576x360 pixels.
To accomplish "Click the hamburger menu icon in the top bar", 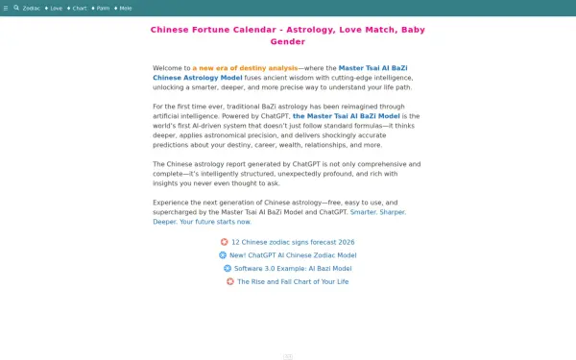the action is (6, 8).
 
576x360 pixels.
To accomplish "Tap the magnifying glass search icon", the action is (16, 8).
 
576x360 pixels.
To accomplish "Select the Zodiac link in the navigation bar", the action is (32, 8).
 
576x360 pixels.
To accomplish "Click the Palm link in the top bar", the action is (102, 8).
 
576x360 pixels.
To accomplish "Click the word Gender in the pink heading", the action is (288, 42).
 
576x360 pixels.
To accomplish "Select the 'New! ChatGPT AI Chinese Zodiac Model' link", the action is (293, 255).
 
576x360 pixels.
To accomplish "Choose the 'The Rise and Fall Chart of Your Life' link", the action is (293, 281).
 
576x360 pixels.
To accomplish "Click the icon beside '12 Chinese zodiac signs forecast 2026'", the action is (224, 242).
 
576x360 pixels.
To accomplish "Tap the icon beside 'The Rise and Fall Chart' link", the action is (230, 281).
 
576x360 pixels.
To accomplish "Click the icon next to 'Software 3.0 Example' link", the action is (228, 269).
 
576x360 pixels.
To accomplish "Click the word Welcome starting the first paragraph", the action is (171, 68).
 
